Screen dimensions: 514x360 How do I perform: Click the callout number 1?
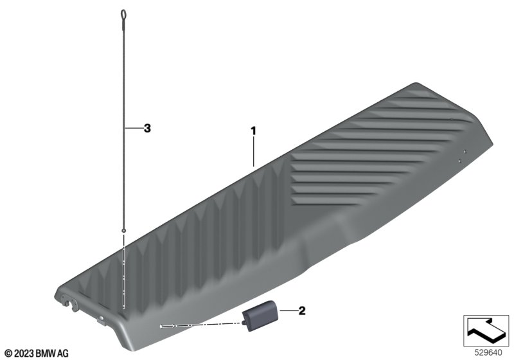[x=253, y=130]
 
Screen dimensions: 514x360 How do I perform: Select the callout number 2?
[x=302, y=310]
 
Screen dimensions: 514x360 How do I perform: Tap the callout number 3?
[x=147, y=128]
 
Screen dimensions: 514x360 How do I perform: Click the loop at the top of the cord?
[x=123, y=15]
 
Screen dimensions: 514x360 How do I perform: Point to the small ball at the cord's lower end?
[x=123, y=231]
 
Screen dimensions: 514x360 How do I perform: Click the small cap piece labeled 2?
[x=261, y=315]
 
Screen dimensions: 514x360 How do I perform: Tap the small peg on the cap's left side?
[x=244, y=323]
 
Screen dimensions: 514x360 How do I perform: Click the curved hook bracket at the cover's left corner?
[x=70, y=303]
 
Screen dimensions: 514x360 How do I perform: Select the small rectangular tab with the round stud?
[x=101, y=319]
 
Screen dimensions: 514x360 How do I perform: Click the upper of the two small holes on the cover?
[x=465, y=152]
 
